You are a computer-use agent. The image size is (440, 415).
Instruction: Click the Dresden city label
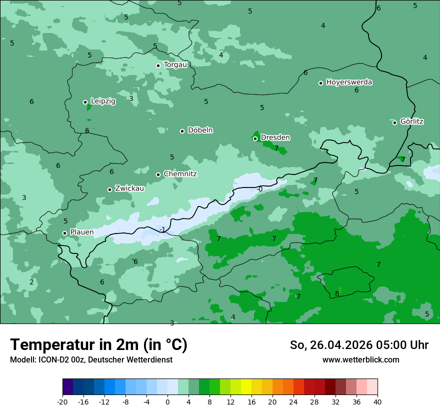275,137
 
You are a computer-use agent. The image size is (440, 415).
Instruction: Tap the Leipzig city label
103,101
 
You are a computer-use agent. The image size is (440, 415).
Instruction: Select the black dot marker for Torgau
158,65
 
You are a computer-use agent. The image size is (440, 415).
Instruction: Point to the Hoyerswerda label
349,82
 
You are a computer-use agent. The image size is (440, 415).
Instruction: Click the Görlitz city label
411,121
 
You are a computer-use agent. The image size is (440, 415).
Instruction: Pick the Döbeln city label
200,130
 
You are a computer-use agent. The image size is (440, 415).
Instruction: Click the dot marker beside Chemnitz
158,174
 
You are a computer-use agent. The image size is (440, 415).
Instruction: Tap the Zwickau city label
129,188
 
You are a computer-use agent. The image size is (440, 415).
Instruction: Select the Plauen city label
81,232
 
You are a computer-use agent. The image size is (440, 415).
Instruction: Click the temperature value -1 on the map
162,229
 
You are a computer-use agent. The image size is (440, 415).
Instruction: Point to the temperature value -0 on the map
259,189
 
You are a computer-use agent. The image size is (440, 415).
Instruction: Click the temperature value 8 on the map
337,293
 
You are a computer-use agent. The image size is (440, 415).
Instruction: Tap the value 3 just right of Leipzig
131,98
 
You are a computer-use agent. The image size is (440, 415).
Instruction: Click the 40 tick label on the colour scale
377,401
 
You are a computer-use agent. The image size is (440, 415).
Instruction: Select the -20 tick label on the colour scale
62,401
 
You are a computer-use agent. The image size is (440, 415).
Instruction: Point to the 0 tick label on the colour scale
167,401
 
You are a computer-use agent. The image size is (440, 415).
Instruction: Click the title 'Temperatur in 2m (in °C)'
98,345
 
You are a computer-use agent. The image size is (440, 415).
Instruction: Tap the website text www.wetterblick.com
360,359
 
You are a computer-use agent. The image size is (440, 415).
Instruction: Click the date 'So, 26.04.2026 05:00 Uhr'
359,345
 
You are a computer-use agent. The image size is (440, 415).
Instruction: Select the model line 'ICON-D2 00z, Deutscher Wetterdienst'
91,359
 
